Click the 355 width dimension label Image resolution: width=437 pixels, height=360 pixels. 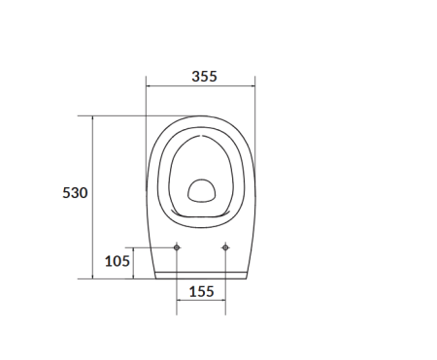204,77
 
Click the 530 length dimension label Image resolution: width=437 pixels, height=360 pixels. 75,193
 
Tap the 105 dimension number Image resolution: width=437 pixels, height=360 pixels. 118,261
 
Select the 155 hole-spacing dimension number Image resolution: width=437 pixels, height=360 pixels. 201,291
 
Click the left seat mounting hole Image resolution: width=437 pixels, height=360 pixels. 177,247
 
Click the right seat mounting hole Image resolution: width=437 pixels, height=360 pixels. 225,247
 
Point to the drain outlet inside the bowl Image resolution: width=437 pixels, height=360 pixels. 201,191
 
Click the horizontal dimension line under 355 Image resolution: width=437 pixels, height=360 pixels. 200,86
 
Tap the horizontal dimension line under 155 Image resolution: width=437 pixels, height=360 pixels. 201,300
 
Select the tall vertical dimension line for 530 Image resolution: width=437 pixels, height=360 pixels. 93,197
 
